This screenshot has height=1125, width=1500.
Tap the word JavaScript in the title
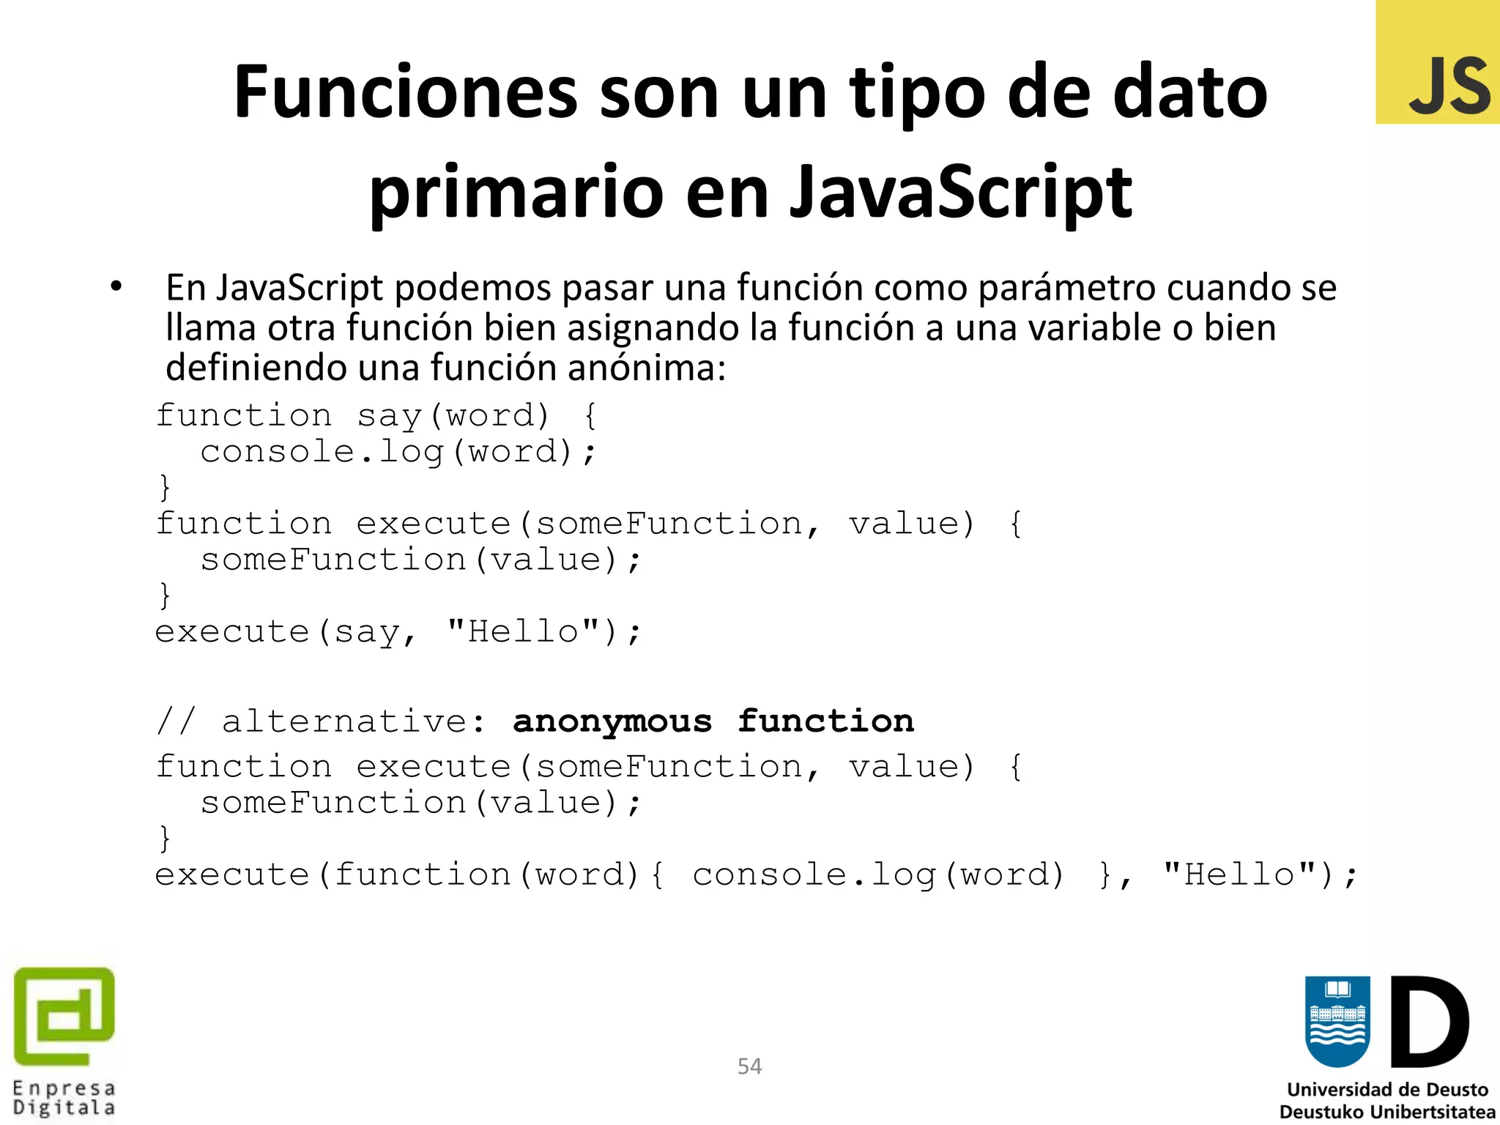click(x=961, y=192)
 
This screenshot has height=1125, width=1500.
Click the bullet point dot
click(x=116, y=287)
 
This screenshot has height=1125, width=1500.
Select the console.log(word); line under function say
click(x=398, y=452)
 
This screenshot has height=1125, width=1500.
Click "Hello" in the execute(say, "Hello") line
click(x=523, y=631)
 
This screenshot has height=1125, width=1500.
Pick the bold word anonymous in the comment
click(x=612, y=721)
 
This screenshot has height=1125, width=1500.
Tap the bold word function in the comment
click(x=825, y=721)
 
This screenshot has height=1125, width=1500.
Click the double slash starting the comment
click(x=176, y=721)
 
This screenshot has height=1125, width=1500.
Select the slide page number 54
click(x=749, y=1066)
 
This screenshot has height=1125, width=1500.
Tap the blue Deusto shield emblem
click(x=1337, y=1021)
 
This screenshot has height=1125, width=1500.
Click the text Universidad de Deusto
click(x=1387, y=1090)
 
